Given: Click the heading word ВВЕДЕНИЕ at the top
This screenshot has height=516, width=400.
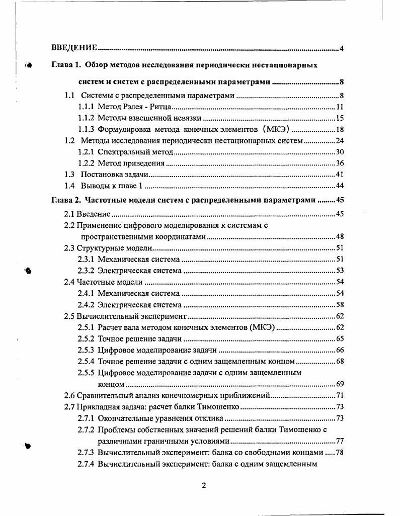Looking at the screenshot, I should click(x=74, y=48).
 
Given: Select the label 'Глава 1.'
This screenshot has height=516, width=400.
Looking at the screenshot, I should click(x=67, y=65).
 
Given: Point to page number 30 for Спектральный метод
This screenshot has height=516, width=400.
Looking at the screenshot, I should click(x=339, y=152).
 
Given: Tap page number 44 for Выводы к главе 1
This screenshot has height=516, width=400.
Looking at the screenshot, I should click(x=339, y=186).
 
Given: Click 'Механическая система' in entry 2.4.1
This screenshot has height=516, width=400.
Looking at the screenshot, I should click(x=138, y=293).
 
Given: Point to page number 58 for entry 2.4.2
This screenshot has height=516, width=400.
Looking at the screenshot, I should click(x=339, y=305).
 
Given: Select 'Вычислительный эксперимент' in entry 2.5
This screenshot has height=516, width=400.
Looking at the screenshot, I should click(x=132, y=316).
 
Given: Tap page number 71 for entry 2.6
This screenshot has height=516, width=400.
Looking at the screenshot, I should click(x=339, y=395).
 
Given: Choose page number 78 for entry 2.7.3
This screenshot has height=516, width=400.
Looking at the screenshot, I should click(x=339, y=452).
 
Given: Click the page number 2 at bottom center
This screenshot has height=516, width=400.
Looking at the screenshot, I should click(x=204, y=485).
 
